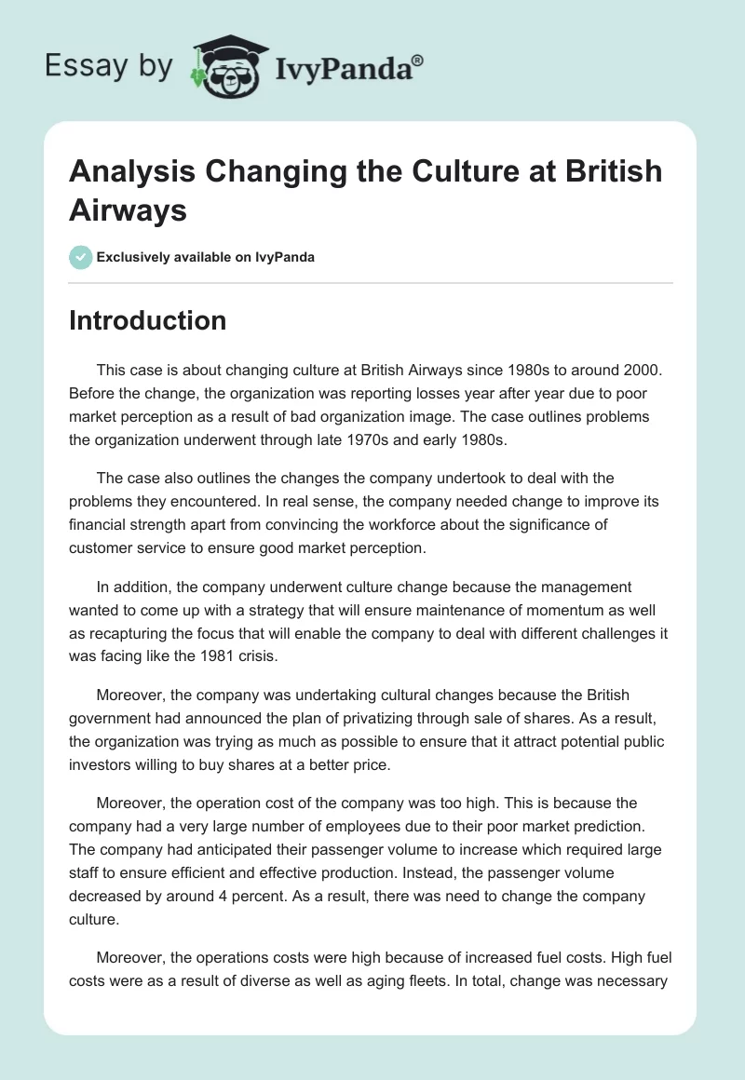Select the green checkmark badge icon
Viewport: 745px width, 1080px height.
coord(81,257)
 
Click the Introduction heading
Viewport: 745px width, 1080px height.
coord(147,320)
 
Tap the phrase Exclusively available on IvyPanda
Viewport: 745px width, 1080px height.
coord(205,257)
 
